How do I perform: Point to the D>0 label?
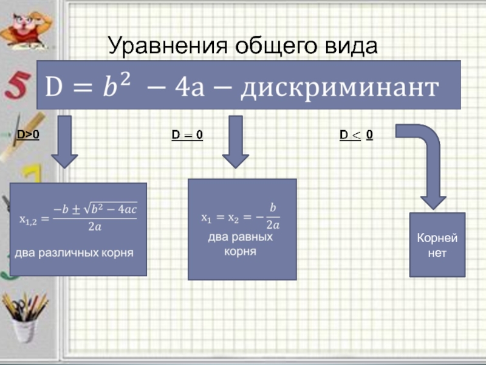tap(27, 134)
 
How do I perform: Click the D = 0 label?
tap(187, 135)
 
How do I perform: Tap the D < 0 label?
tap(357, 135)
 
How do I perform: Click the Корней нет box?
tap(437, 245)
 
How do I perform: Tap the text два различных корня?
tap(74, 251)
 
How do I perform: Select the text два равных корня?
tap(240, 243)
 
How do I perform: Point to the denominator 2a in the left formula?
tap(95, 226)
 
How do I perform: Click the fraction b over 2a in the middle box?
tap(273, 217)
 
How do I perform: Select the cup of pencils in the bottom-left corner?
tap(23, 316)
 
